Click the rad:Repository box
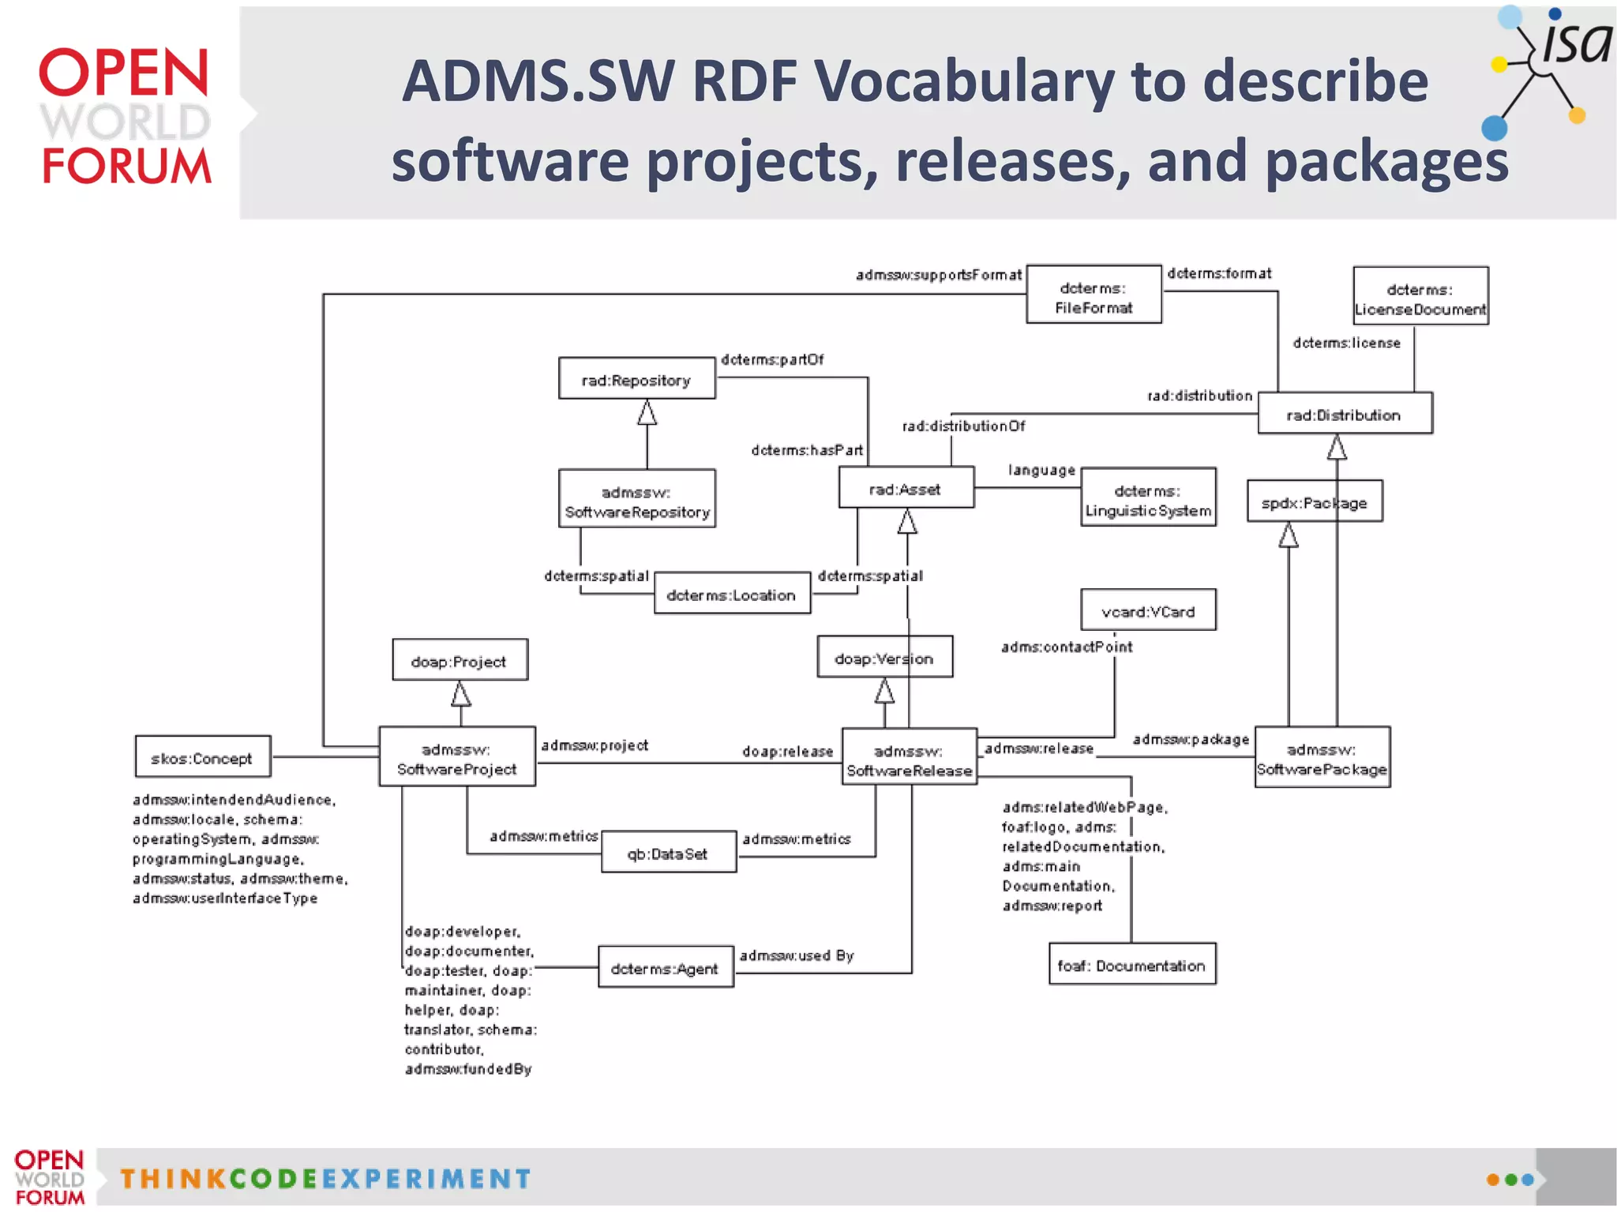click(x=636, y=379)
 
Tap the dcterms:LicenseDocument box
click(x=1420, y=297)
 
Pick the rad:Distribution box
click(x=1345, y=414)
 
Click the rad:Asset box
click(x=906, y=488)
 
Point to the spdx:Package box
click(x=1314, y=501)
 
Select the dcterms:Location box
click(x=732, y=594)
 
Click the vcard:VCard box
click(x=1148, y=610)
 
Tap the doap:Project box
click(x=460, y=660)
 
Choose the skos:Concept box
click(x=203, y=757)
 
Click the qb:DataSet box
click(x=668, y=852)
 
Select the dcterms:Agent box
click(x=666, y=967)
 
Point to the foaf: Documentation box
click(x=1131, y=964)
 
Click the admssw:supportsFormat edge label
click(x=938, y=275)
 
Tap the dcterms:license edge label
click(x=1346, y=343)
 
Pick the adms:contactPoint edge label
click(x=1066, y=647)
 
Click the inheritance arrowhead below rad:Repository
click(x=647, y=413)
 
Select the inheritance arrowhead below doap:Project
click(x=461, y=695)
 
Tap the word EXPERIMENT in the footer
click(x=426, y=1179)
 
